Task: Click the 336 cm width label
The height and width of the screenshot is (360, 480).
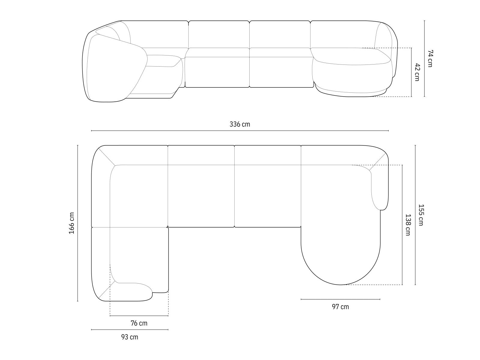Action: click(x=240, y=124)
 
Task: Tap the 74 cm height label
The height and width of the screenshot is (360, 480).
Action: click(x=430, y=58)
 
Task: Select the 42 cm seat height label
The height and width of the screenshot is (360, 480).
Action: click(x=417, y=72)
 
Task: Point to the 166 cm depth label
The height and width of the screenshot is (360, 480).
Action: click(x=72, y=223)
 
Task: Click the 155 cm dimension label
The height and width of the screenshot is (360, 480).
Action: click(x=421, y=215)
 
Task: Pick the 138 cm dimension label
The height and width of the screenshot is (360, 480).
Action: click(x=408, y=224)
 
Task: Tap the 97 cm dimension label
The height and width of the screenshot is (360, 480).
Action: click(x=340, y=307)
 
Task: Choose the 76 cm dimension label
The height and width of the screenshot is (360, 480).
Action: click(x=139, y=323)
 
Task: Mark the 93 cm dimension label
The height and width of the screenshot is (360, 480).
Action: click(x=130, y=337)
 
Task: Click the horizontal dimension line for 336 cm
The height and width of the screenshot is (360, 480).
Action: click(x=240, y=131)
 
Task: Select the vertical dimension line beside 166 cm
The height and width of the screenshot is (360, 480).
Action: click(x=78, y=223)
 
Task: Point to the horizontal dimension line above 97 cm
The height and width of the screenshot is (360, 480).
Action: click(x=340, y=299)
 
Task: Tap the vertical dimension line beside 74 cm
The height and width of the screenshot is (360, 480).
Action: click(x=424, y=58)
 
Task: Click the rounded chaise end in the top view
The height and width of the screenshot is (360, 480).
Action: click(x=340, y=264)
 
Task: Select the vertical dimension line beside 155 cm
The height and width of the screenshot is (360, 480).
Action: click(x=415, y=215)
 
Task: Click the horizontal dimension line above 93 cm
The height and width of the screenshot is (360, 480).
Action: click(x=130, y=330)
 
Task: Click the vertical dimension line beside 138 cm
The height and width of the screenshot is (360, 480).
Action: click(x=402, y=224)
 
